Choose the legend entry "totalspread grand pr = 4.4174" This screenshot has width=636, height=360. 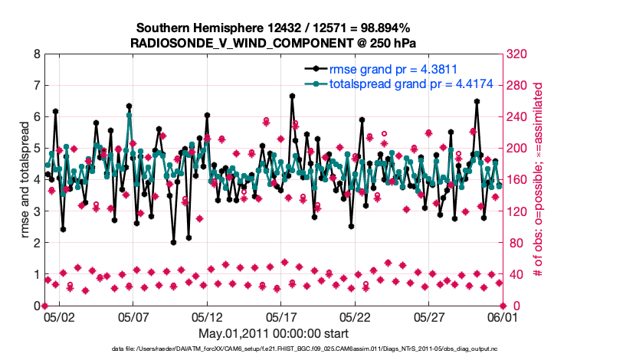pyautogui.click(x=411, y=83)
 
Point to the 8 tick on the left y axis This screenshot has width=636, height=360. pyautogui.click(x=37, y=54)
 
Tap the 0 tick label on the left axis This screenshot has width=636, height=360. pyautogui.click(x=37, y=306)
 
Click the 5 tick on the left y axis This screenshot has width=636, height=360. pyautogui.click(x=37, y=149)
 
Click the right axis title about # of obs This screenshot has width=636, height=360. pyautogui.click(x=539, y=179)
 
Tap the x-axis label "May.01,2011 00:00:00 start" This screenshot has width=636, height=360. pyautogui.click(x=274, y=333)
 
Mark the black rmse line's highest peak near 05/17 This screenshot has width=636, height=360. pyautogui.click(x=292, y=96)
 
